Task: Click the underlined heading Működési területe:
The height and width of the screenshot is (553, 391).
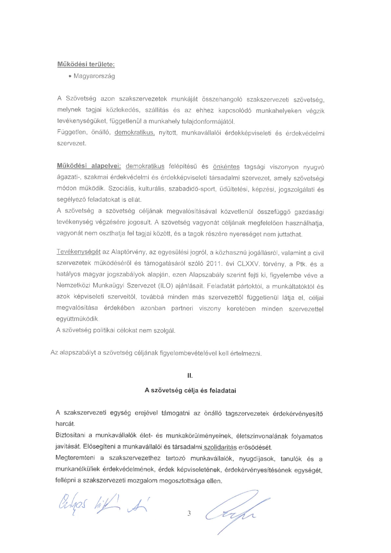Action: [86, 64]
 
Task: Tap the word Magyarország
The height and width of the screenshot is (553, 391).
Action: [94, 76]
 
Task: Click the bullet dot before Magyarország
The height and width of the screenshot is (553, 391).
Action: [70, 77]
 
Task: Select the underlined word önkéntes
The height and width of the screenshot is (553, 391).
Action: [226, 167]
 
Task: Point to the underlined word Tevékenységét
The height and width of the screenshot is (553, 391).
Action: [78, 252]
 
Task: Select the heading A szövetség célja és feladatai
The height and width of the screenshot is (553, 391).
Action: [190, 390]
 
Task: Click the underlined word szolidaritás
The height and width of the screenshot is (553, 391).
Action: [220, 447]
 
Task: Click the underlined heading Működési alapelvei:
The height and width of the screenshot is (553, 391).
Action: [89, 166]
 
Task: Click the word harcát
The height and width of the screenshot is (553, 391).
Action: [65, 424]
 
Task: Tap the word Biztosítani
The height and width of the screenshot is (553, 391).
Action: [71, 435]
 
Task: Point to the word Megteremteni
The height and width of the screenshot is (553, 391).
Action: [75, 458]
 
